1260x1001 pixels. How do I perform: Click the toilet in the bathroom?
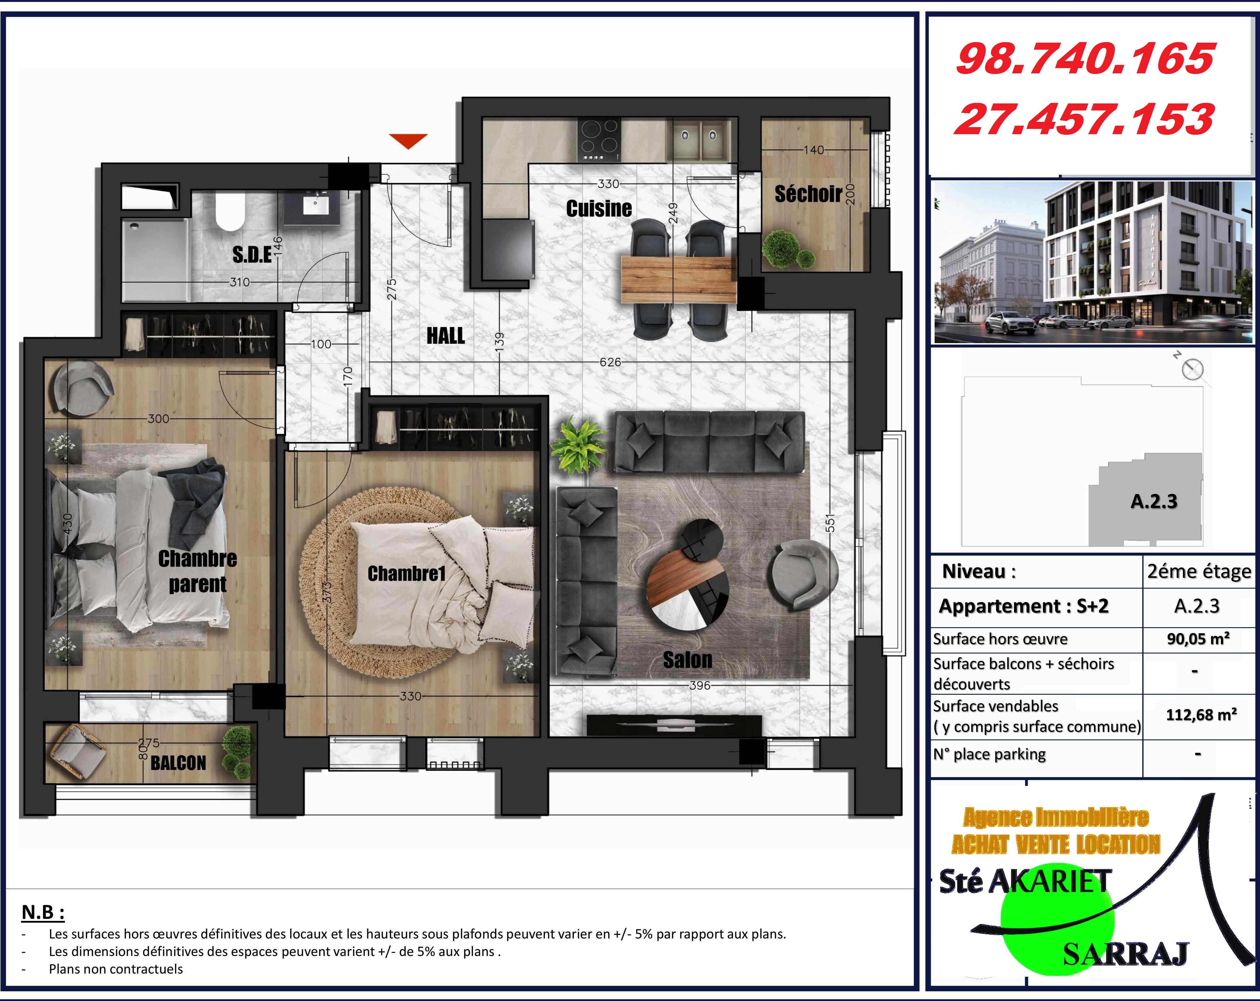230,212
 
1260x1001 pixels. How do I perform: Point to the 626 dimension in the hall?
610,362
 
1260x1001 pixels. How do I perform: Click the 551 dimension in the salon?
830,523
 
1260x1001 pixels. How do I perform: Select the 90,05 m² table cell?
1198,639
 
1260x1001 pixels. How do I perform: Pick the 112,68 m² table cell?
1201,715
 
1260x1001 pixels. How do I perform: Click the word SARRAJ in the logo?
1125,954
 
